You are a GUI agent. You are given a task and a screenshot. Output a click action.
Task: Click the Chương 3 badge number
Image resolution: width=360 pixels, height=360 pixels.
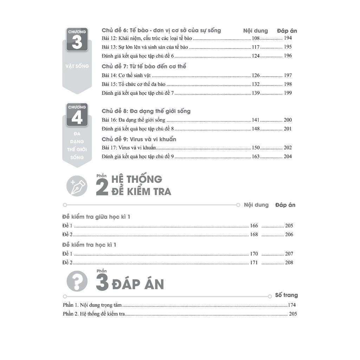tap(77, 42)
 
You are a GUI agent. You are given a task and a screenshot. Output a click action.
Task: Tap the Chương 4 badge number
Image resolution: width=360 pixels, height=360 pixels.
tap(77, 117)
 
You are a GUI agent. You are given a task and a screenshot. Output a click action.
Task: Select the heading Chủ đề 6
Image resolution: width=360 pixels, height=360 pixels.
tap(161, 30)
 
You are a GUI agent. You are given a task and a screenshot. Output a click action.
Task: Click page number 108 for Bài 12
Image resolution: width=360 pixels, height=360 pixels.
tap(256, 38)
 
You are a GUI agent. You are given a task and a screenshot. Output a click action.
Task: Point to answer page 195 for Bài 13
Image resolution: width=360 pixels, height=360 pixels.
tap(288, 47)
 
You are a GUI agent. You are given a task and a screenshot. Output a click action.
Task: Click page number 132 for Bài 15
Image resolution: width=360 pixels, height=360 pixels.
tap(256, 84)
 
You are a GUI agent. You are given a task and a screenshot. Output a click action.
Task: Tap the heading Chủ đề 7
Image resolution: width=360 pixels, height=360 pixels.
tap(144, 66)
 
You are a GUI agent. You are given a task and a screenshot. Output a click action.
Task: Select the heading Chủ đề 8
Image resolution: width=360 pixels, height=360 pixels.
tap(146, 111)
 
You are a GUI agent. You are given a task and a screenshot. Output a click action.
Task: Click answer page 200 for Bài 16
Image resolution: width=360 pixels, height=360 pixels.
tap(288, 120)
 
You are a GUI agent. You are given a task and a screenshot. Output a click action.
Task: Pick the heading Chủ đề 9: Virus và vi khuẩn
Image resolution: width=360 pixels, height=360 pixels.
tap(139, 139)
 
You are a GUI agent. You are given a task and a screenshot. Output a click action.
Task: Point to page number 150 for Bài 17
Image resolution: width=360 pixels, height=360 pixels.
tap(256, 148)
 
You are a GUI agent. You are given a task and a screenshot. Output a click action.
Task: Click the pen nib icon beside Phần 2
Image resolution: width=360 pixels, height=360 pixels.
tap(77, 186)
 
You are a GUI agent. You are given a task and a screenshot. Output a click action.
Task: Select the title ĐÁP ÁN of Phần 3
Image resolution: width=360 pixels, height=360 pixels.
tap(138, 284)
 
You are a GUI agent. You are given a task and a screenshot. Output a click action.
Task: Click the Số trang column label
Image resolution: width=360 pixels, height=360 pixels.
tap(286, 295)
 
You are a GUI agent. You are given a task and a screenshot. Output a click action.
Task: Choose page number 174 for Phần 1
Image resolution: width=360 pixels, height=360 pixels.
tap(292, 305)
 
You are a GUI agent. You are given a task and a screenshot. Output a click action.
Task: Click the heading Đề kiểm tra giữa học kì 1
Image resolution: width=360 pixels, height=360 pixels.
tap(96, 217)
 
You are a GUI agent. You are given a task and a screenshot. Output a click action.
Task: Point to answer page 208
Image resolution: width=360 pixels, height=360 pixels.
tap(289, 263)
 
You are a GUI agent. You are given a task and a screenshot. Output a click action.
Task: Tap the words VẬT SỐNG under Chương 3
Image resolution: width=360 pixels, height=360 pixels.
tap(77, 66)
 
